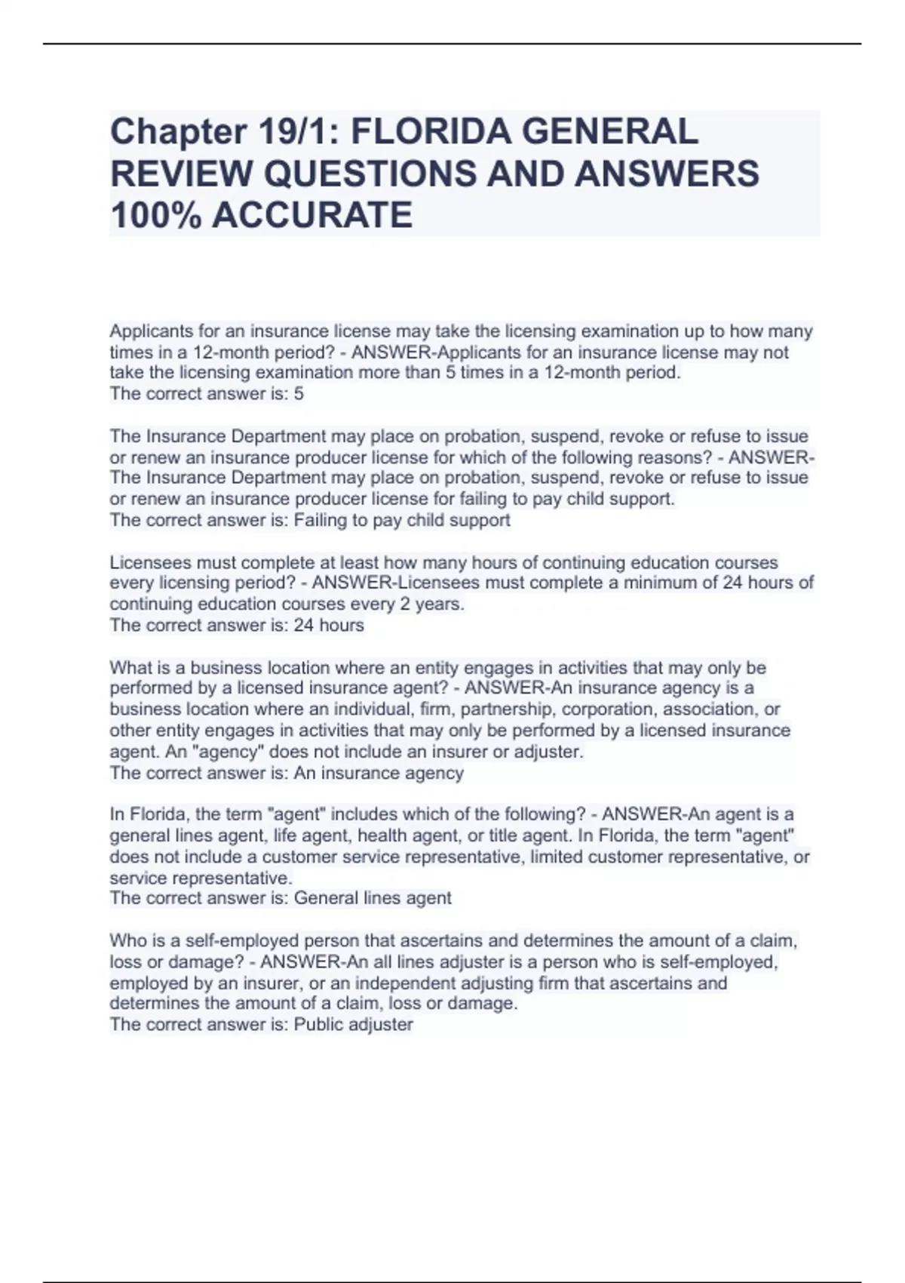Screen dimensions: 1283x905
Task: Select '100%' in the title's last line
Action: click(x=155, y=215)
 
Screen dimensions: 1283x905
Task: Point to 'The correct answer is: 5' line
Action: click(x=207, y=393)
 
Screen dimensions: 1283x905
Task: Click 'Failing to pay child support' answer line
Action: click(x=310, y=520)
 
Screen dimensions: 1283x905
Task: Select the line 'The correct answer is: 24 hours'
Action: click(x=237, y=625)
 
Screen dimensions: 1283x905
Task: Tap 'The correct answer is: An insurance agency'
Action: click(x=287, y=773)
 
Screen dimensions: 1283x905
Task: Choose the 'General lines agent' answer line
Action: click(x=281, y=898)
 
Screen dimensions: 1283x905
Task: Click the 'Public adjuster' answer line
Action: click(x=261, y=1024)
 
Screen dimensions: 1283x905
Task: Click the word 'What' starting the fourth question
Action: click(x=129, y=668)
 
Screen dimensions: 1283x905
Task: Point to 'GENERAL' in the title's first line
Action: click(x=609, y=132)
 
